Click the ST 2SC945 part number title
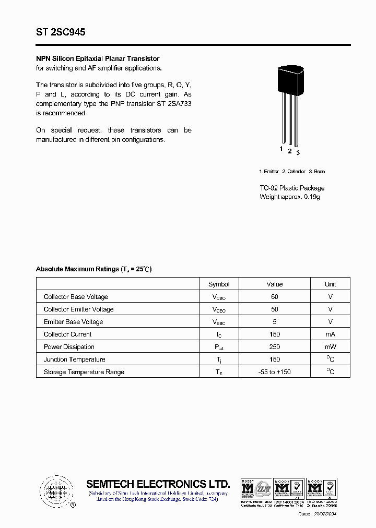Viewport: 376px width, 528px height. [x=61, y=32]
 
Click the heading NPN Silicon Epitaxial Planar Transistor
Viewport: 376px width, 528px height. [x=98, y=58]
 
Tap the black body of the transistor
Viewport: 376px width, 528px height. [x=290, y=81]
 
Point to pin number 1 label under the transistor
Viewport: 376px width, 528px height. [x=281, y=149]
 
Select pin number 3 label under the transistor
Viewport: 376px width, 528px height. [x=298, y=153]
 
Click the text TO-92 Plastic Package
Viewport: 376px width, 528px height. [x=292, y=188]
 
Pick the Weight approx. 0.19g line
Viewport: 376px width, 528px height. [x=290, y=197]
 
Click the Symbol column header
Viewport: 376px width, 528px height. [x=219, y=284]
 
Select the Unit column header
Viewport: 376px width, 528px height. [x=330, y=284]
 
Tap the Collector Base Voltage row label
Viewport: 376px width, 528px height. [x=76, y=297]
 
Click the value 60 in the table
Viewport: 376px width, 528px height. [x=275, y=297]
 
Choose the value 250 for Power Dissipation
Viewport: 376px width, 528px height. [x=275, y=347]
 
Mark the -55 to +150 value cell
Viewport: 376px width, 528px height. [x=275, y=372]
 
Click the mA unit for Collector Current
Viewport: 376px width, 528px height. [x=330, y=334]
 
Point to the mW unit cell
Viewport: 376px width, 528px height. [x=330, y=347]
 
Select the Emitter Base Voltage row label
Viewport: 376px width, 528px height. [x=73, y=322]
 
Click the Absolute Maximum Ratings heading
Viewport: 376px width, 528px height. [x=93, y=269]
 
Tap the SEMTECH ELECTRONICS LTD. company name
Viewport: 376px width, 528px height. [x=158, y=484]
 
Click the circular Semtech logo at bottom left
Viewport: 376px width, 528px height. [x=55, y=491]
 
